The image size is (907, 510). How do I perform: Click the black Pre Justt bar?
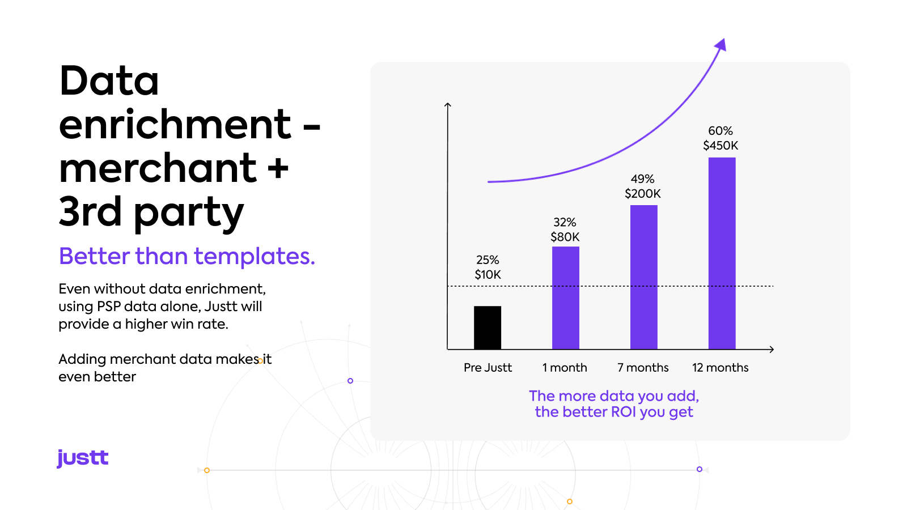pyautogui.click(x=488, y=328)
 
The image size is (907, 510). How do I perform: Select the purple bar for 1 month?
pyautogui.click(x=566, y=298)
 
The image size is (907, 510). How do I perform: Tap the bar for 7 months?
pyautogui.click(x=644, y=277)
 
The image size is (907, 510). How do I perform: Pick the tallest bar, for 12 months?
pyautogui.click(x=722, y=253)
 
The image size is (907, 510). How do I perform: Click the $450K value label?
pyautogui.click(x=720, y=145)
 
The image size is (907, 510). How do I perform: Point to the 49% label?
pyautogui.click(x=643, y=179)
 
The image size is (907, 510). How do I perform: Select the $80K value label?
pyautogui.click(x=565, y=237)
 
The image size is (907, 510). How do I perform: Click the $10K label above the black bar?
pyautogui.click(x=488, y=275)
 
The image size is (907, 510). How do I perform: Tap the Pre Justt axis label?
pyautogui.click(x=488, y=368)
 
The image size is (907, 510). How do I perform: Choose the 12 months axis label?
pyautogui.click(x=720, y=368)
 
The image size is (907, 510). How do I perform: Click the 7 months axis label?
pyautogui.click(x=643, y=368)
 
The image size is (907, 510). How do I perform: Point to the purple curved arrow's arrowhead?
pyautogui.click(x=720, y=45)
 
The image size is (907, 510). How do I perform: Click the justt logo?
pyautogui.click(x=83, y=458)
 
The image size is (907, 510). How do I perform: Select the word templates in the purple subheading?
pyautogui.click(x=255, y=256)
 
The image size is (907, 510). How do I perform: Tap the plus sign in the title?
pyautogui.click(x=278, y=168)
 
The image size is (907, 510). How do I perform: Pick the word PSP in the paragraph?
pyautogui.click(x=109, y=307)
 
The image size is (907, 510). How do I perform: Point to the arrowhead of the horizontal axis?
pyautogui.click(x=771, y=349)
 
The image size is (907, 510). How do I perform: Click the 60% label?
pyautogui.click(x=720, y=131)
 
